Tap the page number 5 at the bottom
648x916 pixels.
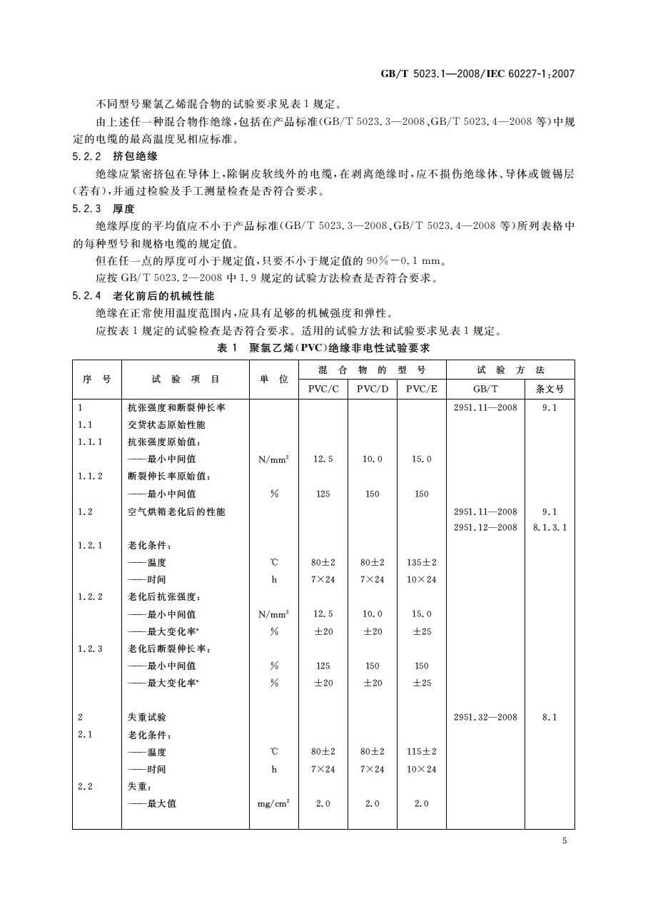(x=564, y=841)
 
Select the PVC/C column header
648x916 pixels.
(x=323, y=389)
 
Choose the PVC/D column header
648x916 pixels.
(x=373, y=389)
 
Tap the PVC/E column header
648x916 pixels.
(x=422, y=389)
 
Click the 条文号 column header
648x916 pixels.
(x=550, y=389)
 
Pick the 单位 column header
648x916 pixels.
(x=273, y=380)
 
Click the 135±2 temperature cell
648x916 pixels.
(x=422, y=562)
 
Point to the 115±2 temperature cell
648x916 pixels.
(x=422, y=751)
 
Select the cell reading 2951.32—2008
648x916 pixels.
(x=485, y=717)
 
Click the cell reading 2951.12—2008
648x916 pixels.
(x=485, y=528)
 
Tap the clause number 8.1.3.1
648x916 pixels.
(x=550, y=528)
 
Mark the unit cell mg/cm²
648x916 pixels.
(x=273, y=803)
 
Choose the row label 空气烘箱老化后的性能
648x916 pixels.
(x=176, y=512)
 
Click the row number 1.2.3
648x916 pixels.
(x=90, y=648)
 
